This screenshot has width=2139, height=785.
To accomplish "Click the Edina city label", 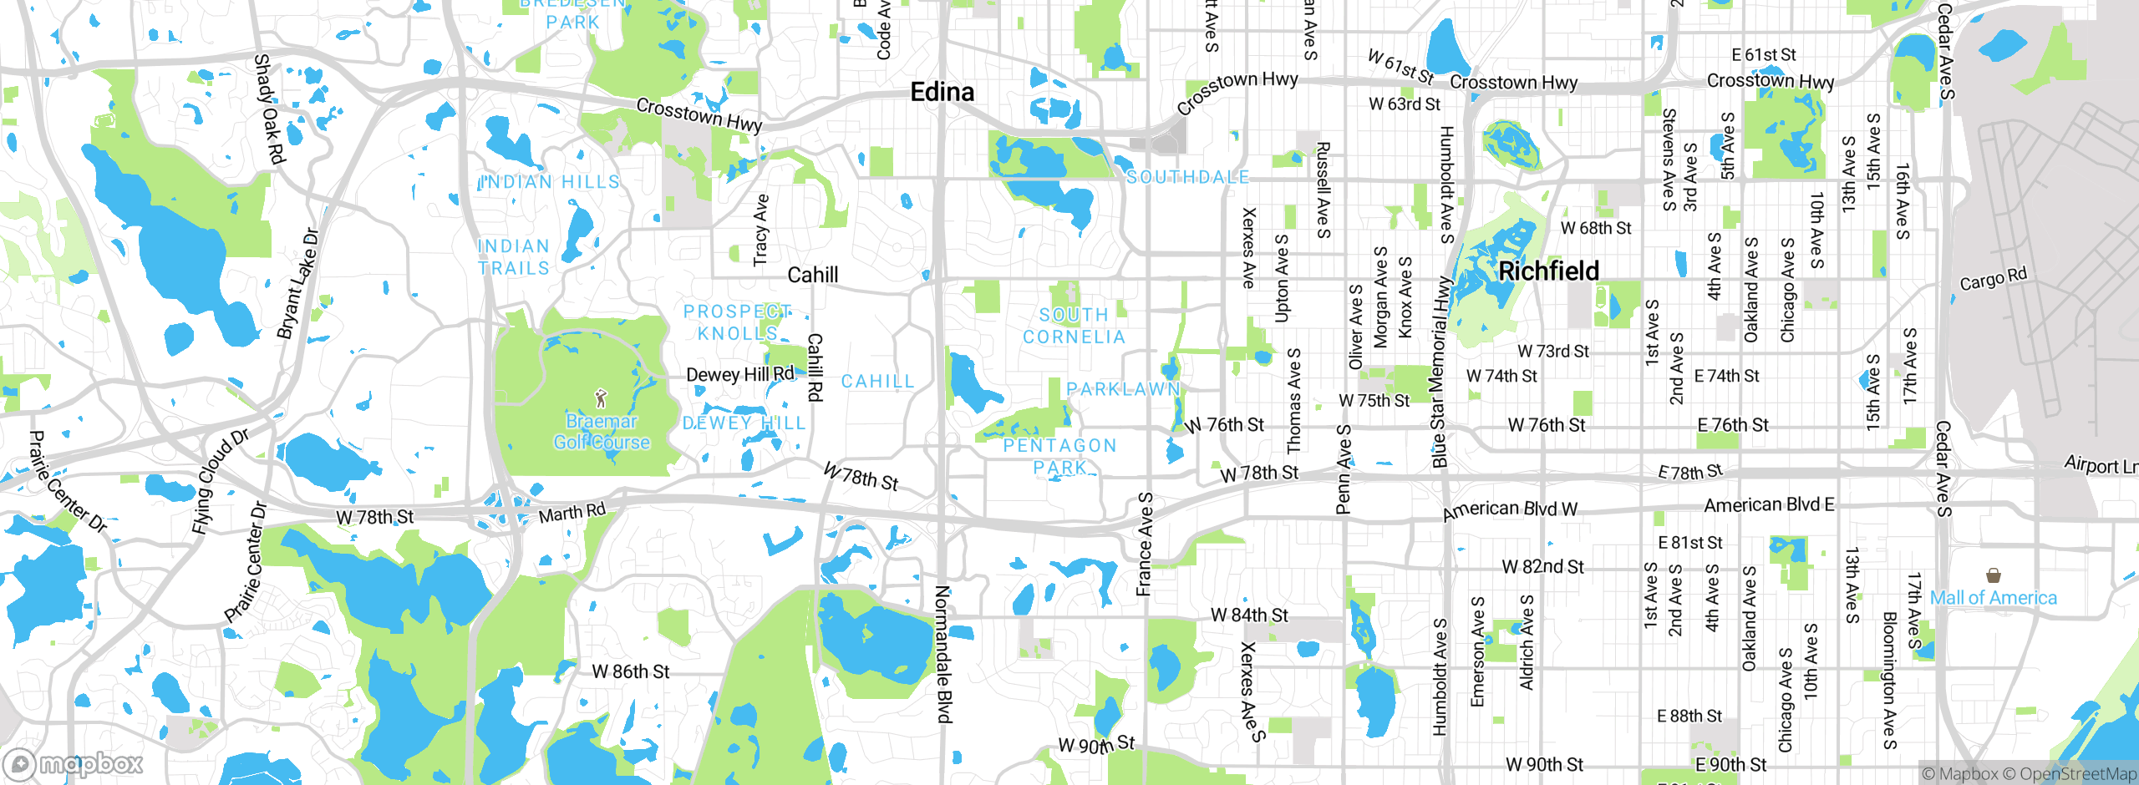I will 942,92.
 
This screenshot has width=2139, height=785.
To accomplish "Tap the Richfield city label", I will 1548,271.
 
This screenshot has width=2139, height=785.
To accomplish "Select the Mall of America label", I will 1993,598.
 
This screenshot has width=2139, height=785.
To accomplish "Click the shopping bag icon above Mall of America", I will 1994,575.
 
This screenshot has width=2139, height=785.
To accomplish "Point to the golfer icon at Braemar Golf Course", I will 601,398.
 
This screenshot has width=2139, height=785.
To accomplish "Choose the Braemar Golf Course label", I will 602,432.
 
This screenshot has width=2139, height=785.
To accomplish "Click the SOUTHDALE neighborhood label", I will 1187,177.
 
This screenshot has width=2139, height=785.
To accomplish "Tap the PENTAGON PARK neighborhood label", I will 1059,456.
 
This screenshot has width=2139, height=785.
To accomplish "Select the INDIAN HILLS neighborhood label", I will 551,182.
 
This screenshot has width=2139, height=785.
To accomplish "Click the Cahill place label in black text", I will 812,275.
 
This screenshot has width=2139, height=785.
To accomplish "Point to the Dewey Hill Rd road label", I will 740,374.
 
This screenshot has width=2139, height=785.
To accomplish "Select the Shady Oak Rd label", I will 269,109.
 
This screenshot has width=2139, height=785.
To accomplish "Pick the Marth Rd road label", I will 572,513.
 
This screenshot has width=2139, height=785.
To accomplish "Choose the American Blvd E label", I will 1769,505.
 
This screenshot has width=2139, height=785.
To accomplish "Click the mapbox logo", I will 74,764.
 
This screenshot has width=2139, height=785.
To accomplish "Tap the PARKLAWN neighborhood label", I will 1123,389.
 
